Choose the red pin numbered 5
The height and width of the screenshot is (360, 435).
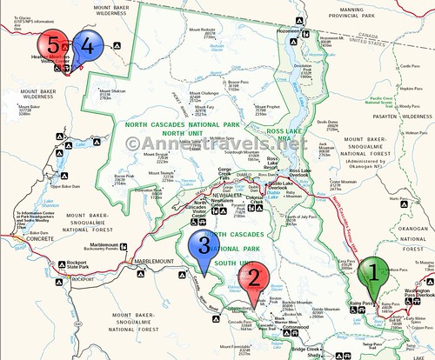(54, 43)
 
